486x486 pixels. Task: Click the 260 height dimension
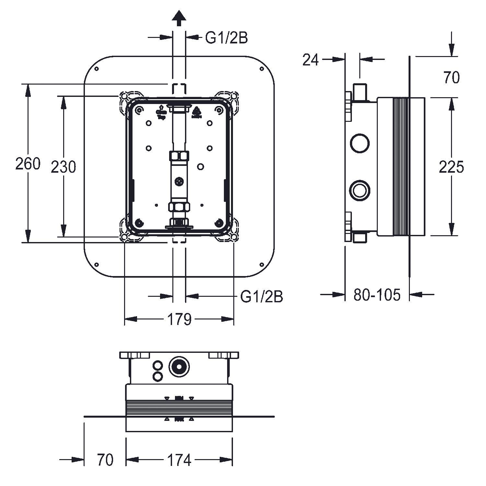[28, 164]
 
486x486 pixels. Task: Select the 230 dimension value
[64, 167]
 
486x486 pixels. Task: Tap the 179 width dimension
[179, 319]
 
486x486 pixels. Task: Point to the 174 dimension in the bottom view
[179, 460]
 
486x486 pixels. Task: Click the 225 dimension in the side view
[451, 167]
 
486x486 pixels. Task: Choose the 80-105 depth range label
[377, 295]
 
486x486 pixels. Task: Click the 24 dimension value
[310, 60]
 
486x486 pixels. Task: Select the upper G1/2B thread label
[226, 38]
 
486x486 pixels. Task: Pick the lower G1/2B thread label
[261, 296]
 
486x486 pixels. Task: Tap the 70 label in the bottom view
[105, 460]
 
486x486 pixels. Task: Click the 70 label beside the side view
[451, 78]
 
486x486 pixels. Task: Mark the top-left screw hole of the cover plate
[96, 69]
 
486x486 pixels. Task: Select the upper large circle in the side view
[360, 143]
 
